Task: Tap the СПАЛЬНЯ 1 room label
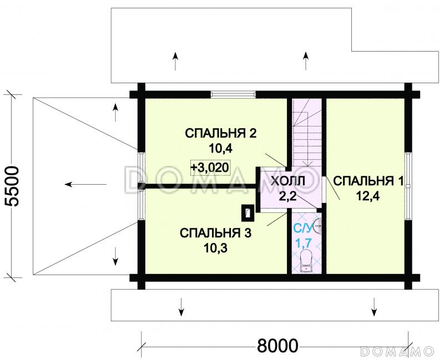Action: (369, 181)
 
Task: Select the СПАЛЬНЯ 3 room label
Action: (216, 233)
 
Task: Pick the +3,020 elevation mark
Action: (209, 166)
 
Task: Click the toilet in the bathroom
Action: (306, 261)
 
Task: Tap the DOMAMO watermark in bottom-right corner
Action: (397, 351)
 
